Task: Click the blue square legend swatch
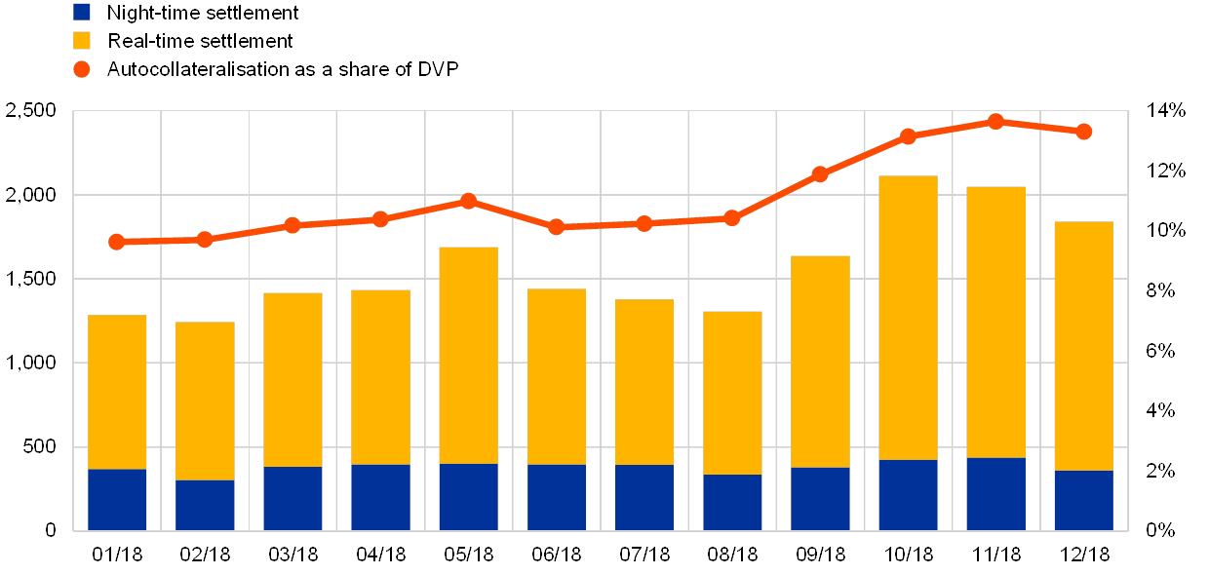pyautogui.click(x=82, y=13)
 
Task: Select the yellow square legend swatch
pyautogui.click(x=82, y=41)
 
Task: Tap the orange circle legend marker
pyautogui.click(x=82, y=69)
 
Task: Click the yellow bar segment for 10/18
pyautogui.click(x=908, y=318)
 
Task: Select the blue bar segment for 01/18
pyautogui.click(x=117, y=499)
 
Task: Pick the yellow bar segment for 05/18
pyautogui.click(x=468, y=355)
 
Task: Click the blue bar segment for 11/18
pyautogui.click(x=995, y=493)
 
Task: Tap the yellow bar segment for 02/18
pyautogui.click(x=205, y=401)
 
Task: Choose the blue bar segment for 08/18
pyautogui.click(x=732, y=502)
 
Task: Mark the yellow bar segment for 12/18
pyautogui.click(x=1083, y=346)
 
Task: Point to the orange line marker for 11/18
pyautogui.click(x=995, y=122)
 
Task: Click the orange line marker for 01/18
pyautogui.click(x=117, y=242)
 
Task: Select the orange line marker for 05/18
pyautogui.click(x=468, y=201)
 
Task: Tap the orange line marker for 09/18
pyautogui.click(x=820, y=174)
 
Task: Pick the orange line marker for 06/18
pyautogui.click(x=556, y=227)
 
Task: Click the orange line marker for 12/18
pyautogui.click(x=1083, y=132)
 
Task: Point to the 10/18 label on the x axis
pyautogui.click(x=908, y=555)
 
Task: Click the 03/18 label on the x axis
pyautogui.click(x=292, y=555)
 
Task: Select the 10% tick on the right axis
pyautogui.click(x=1165, y=230)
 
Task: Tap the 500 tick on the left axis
pyautogui.click(x=36, y=446)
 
